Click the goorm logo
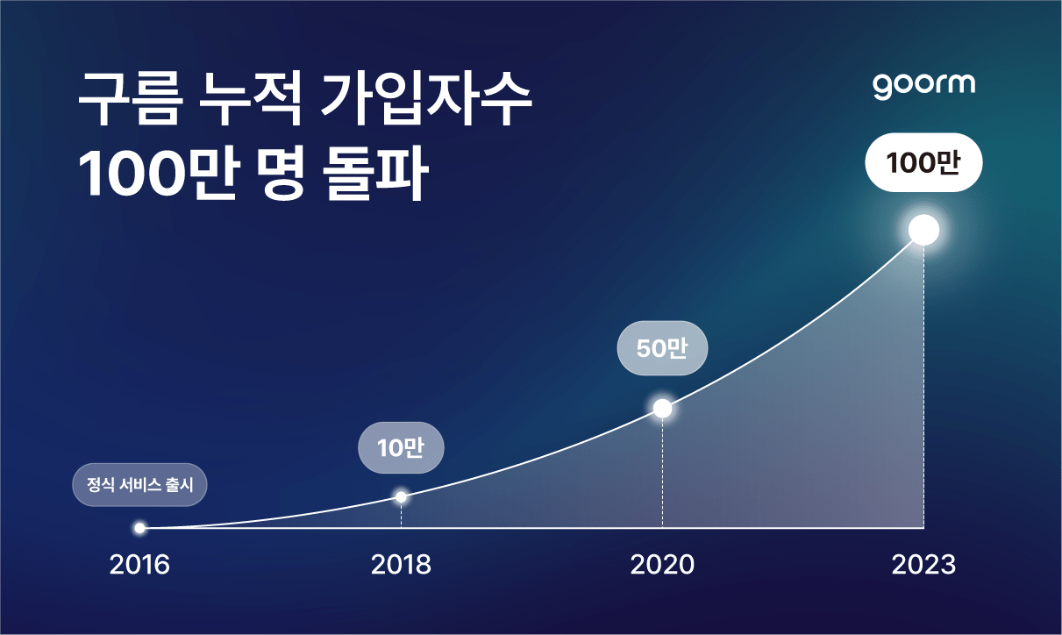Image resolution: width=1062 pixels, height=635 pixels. point(923,85)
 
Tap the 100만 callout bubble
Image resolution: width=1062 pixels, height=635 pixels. point(923,162)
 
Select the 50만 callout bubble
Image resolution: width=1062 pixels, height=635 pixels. point(662,349)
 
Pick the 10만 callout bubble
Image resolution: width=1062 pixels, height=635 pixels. point(401,448)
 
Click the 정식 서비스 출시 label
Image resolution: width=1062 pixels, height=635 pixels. point(139,484)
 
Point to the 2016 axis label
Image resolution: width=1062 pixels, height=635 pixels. point(139,564)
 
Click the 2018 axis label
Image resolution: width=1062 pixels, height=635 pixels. point(401,564)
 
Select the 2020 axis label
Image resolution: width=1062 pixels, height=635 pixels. point(662,564)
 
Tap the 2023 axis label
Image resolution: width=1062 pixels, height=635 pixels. point(923,564)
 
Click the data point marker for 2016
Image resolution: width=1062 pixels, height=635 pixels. point(139,528)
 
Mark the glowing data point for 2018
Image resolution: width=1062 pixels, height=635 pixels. point(401,497)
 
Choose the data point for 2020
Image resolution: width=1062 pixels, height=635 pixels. point(662,409)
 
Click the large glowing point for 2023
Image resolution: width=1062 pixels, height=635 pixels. point(923,230)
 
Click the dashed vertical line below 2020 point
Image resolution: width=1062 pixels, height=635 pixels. point(662,474)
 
